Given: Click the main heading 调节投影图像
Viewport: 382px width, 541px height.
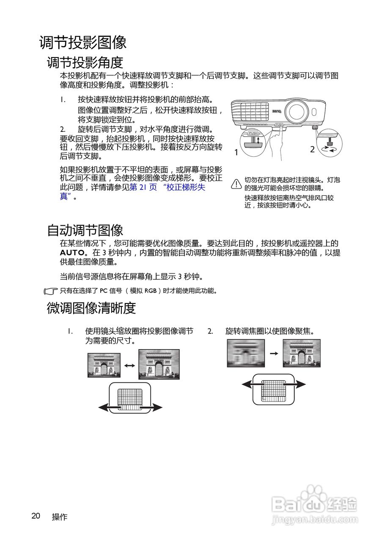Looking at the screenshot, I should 83,42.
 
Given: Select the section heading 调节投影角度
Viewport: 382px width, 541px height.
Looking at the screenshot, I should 85,63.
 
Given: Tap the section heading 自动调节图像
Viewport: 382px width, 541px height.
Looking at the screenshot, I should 85,230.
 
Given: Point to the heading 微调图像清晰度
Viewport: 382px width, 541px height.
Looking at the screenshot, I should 91,308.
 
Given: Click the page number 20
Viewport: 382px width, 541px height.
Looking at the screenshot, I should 36,516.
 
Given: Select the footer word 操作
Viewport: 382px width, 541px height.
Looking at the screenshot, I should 60,517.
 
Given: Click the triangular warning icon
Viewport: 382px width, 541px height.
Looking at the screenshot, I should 236,183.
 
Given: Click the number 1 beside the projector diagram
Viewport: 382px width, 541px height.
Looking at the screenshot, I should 236,153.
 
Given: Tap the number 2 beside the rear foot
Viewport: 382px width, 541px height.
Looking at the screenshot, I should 312,149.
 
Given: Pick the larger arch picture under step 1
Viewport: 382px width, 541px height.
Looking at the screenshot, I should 159,364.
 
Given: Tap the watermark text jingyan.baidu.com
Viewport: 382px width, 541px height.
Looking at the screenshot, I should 314,518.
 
